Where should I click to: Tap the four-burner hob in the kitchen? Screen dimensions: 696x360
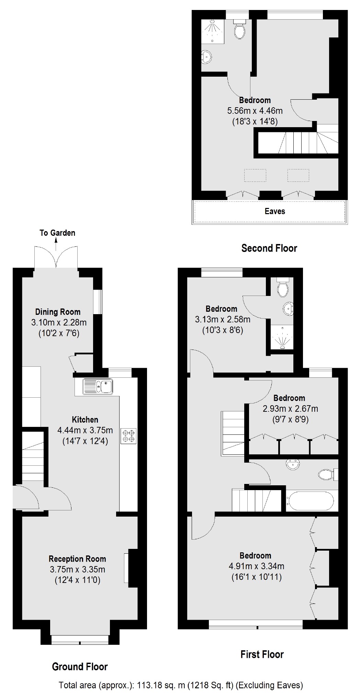pos(128,435)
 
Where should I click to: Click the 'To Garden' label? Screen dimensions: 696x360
pos(57,233)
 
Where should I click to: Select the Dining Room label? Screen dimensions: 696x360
pos(58,312)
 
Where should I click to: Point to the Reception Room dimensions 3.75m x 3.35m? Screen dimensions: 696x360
pos(77,570)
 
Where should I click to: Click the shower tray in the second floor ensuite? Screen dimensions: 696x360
pos(213,31)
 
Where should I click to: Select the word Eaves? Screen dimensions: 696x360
pos(275,211)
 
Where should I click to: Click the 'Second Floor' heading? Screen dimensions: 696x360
pos(269,248)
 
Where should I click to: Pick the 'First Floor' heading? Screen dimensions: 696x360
pos(262,654)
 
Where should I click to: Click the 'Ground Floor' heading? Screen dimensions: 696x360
pos(80,667)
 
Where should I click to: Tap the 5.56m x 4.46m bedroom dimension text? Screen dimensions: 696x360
pos(255,111)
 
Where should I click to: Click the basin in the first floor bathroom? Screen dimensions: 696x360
pos(292,465)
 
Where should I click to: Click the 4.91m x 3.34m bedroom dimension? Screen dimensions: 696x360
pos(256,566)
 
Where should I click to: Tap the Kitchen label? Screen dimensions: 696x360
pos(85,420)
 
